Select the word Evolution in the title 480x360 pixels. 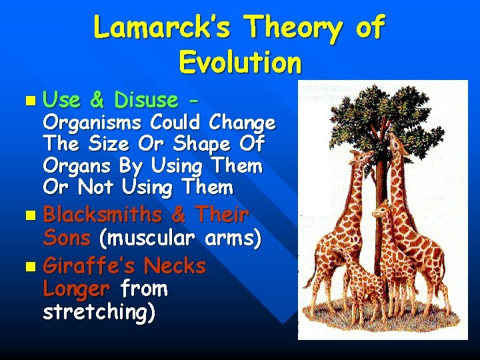coord(240,63)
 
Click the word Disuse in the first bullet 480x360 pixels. coord(146,100)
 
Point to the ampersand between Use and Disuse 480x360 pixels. coord(97,100)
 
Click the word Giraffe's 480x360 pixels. coord(86,267)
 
